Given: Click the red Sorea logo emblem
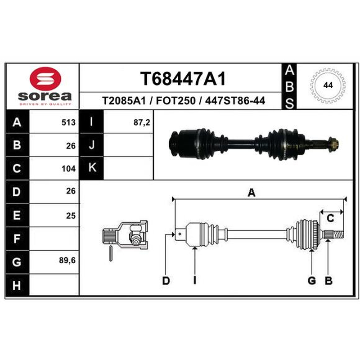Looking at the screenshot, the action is click(45, 78).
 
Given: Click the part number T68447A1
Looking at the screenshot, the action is click(183, 78).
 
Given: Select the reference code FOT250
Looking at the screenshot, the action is click(175, 100).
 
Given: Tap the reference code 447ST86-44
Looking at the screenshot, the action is click(235, 100).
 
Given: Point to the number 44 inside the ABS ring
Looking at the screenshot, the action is click(328, 85).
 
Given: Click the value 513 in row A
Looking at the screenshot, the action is click(68, 122).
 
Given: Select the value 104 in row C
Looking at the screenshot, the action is click(68, 169).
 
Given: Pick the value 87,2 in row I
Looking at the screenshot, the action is click(142, 122).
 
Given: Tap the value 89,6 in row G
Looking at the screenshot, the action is click(67, 261).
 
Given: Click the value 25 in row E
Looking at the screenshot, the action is click(71, 216).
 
